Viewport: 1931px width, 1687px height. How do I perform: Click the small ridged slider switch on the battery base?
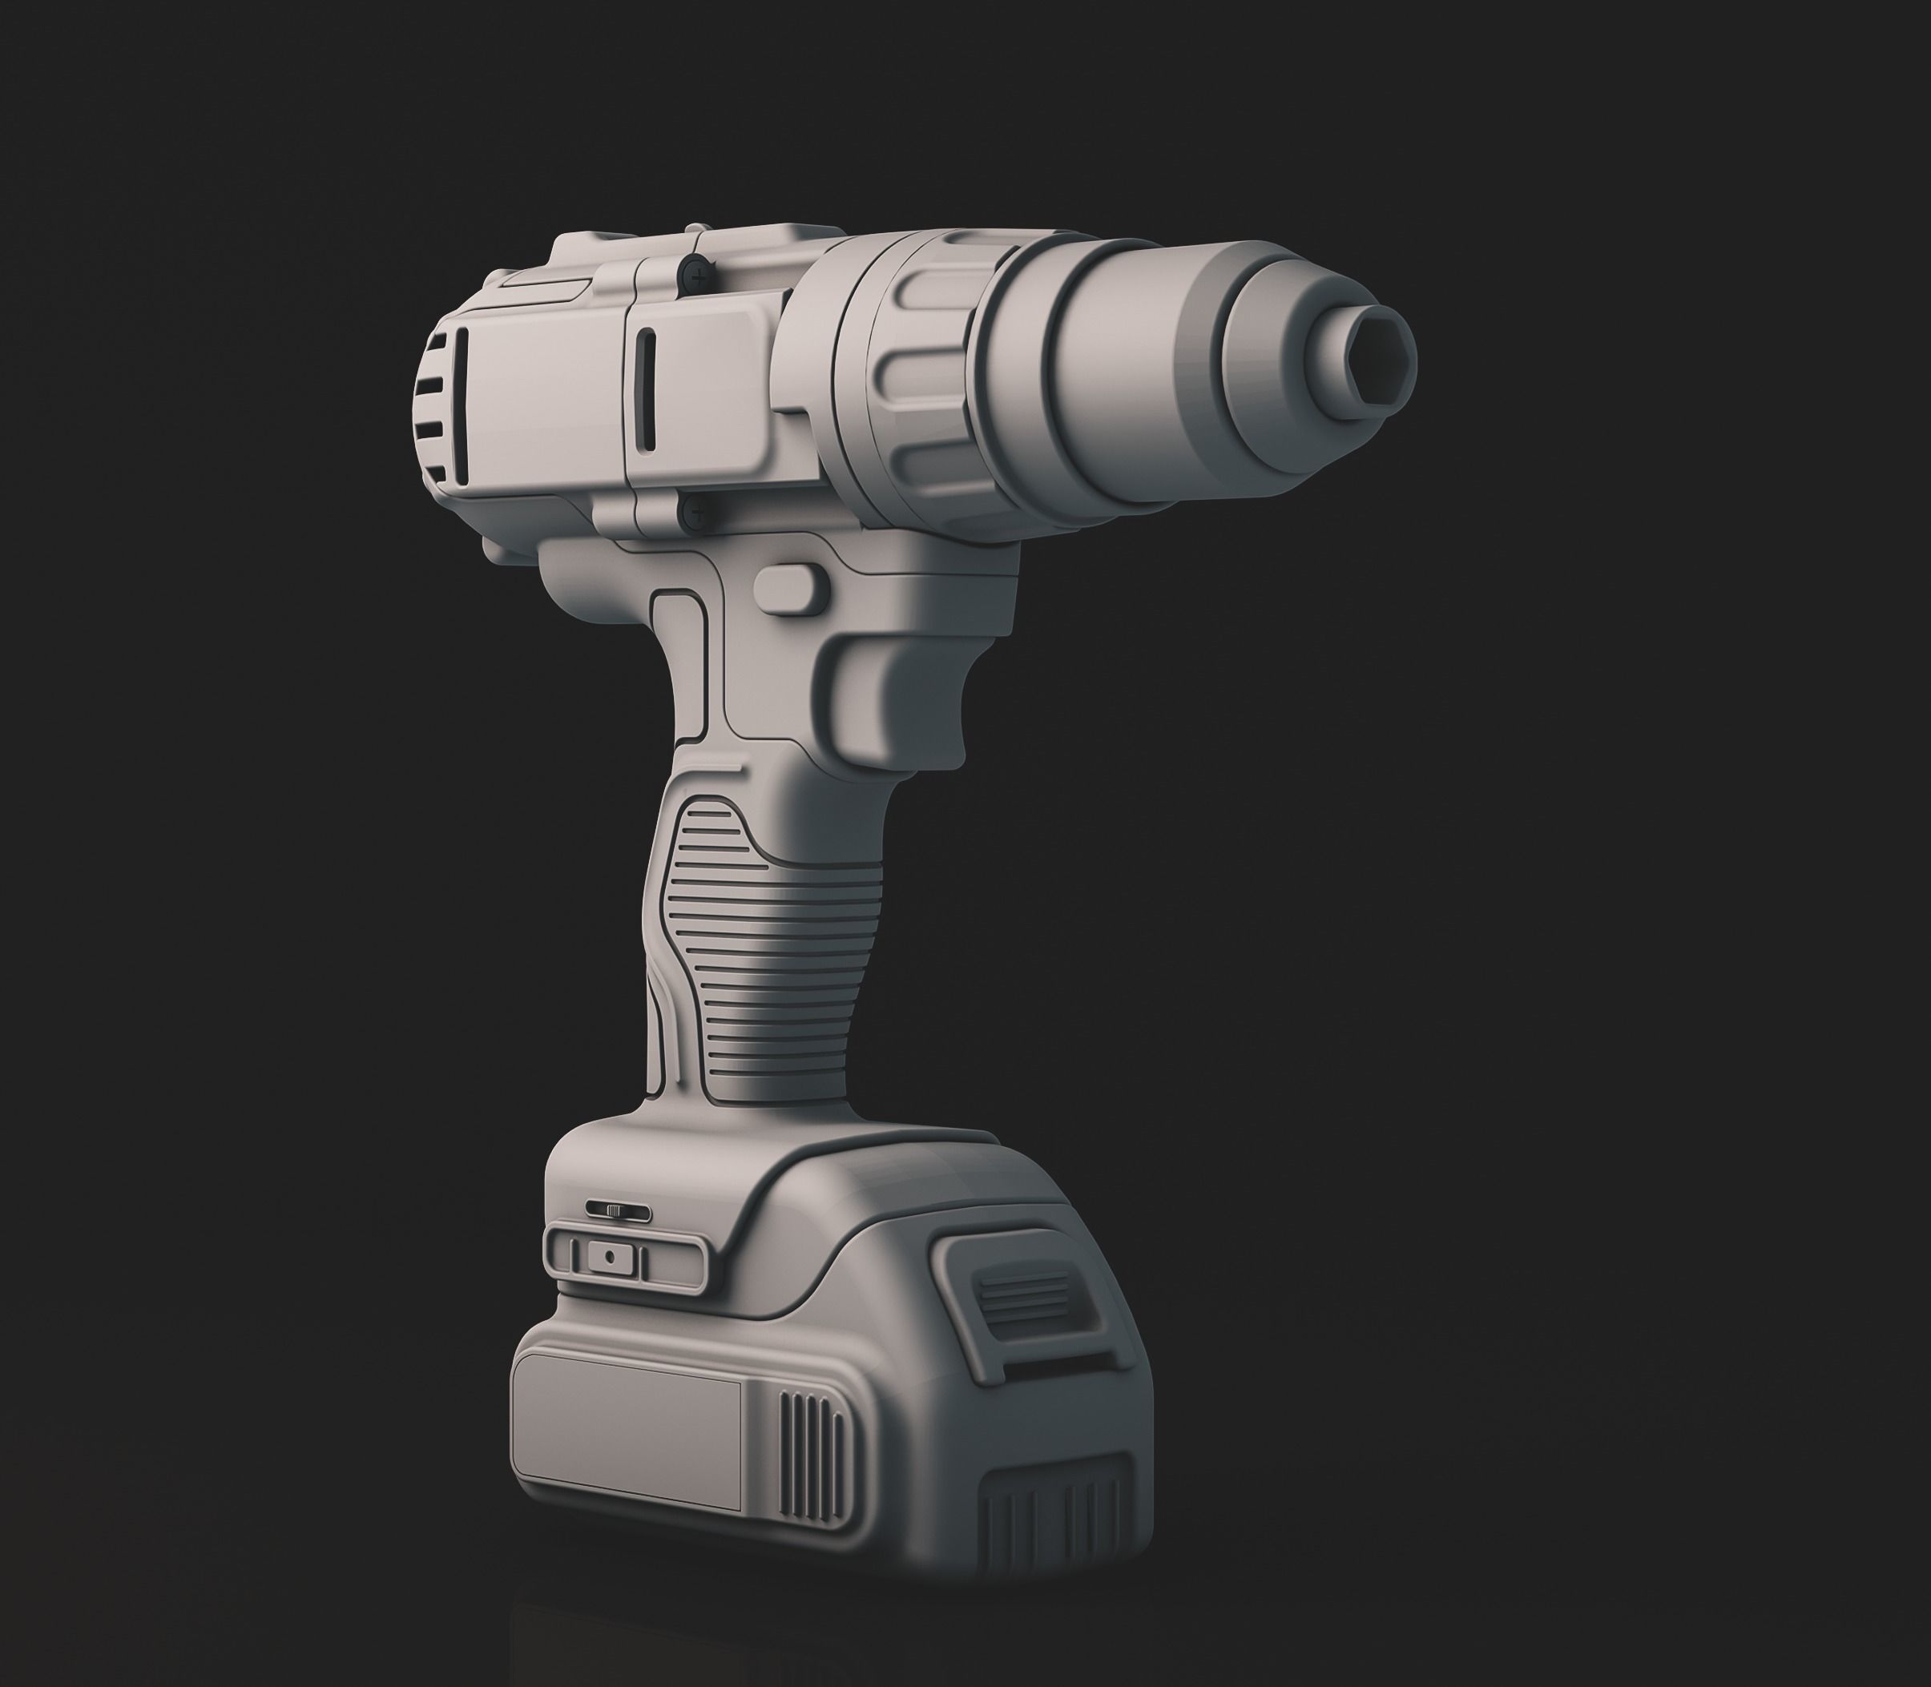[617, 1210]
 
